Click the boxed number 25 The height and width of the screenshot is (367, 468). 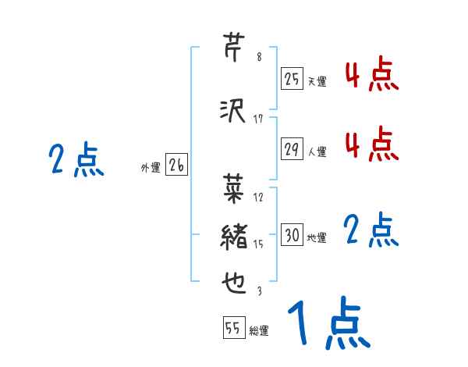point(292,78)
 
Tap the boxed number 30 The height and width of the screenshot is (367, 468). point(292,235)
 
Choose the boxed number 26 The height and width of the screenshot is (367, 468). point(176,164)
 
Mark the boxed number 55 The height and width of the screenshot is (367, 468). point(233,329)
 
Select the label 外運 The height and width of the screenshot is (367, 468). point(150,167)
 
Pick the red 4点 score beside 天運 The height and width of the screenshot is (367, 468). point(371,76)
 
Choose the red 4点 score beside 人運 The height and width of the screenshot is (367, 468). point(371,144)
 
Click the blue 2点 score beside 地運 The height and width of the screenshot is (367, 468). point(371,231)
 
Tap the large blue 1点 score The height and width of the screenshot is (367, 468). point(328,322)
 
